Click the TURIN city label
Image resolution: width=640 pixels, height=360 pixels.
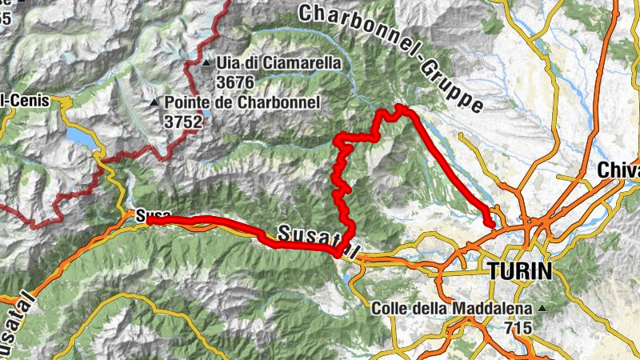[518, 271]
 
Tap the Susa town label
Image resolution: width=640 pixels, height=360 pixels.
[150, 216]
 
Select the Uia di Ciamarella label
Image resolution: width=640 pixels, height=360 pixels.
[278, 62]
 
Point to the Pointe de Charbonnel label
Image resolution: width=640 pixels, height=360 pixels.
[242, 102]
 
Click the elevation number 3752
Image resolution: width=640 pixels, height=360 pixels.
[183, 122]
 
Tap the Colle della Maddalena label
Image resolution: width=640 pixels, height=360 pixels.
[455, 308]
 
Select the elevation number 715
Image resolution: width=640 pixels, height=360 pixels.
[519, 328]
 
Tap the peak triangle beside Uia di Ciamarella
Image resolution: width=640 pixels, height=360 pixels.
[207, 62]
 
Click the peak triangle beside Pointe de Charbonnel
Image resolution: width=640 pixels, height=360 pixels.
[155, 103]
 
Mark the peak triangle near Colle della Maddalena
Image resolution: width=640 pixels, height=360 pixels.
[543, 308]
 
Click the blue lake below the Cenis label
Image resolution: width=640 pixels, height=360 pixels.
[80, 136]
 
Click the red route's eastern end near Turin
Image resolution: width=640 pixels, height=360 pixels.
[490, 225]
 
